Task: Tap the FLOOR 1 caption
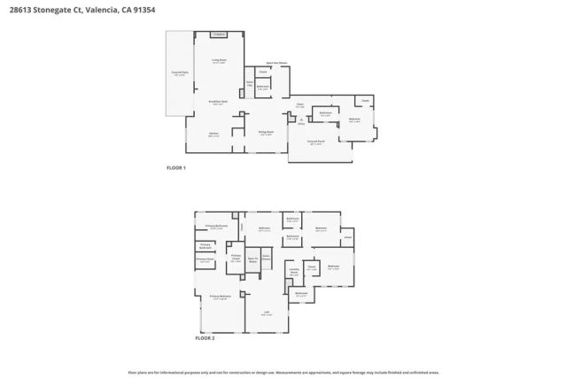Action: pos(177,166)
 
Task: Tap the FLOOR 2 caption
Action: pos(205,338)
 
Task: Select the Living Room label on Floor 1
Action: pos(218,61)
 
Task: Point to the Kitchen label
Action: pos(214,134)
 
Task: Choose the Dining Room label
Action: pos(266,133)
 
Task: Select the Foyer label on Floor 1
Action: pos(299,105)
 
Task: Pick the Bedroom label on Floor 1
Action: pos(354,120)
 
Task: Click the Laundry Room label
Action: pos(293,273)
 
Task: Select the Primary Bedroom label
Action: pos(220,298)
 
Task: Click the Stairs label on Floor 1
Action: pos(251,82)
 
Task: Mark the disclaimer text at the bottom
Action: pos(283,372)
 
